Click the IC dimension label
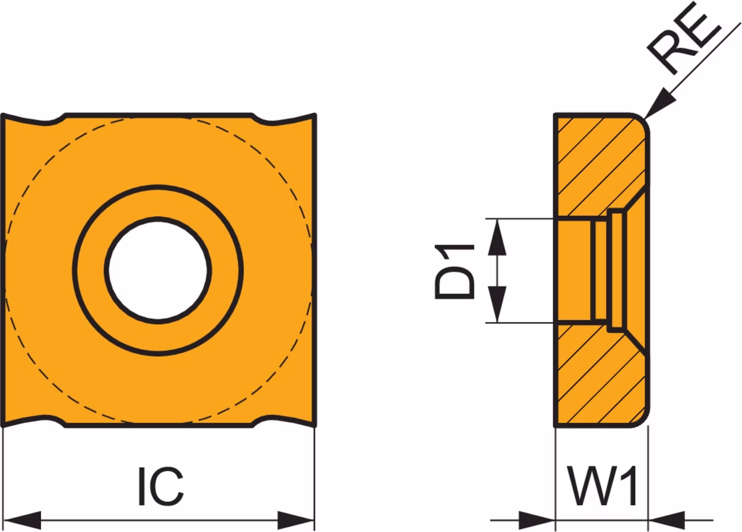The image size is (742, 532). click(161, 487)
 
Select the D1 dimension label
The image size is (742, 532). click(455, 271)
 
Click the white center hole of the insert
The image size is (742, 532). click(158, 270)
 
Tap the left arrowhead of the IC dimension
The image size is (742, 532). click(22, 520)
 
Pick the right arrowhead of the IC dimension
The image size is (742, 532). click(296, 520)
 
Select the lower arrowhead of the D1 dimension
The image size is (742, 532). click(497, 304)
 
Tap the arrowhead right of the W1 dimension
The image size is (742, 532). click(666, 520)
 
